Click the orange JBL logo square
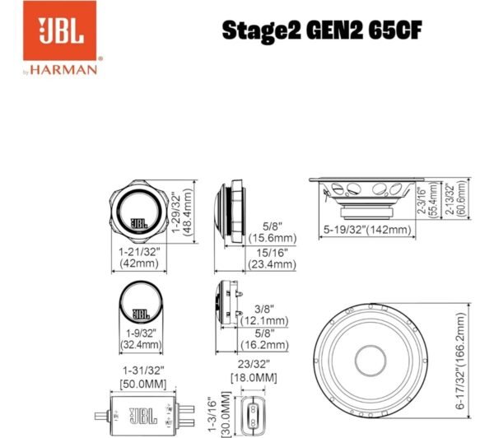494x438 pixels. point(59,30)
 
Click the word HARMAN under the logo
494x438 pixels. point(63,70)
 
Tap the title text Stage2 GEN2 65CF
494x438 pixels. point(322,30)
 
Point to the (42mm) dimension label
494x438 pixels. point(139,263)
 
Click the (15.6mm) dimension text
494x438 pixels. point(273,238)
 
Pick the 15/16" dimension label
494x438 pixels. point(273,253)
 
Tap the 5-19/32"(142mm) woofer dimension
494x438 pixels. point(367,230)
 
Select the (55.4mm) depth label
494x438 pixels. point(434,199)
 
